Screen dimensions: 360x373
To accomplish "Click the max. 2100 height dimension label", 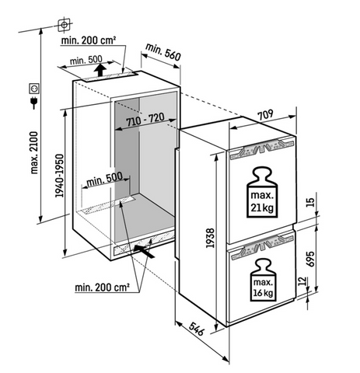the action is pos(34,152).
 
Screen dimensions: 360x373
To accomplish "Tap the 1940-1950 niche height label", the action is pos(59,176).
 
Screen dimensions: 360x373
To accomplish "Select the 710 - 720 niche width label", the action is pos(145,120).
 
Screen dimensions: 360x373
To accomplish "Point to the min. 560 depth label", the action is pos(163,52).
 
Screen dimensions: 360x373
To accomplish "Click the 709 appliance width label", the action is pos(265,115).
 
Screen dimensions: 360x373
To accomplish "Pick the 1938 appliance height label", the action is pos(210,238).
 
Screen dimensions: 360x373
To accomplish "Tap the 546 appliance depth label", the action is pos(197,329).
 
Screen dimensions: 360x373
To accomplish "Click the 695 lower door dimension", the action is pos(310,259).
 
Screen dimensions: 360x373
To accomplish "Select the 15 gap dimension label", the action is pos(311,202).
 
